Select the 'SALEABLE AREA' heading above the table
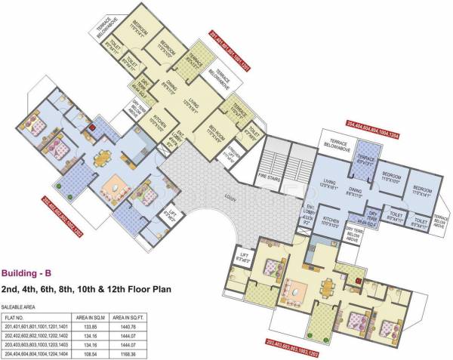point(20,307)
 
